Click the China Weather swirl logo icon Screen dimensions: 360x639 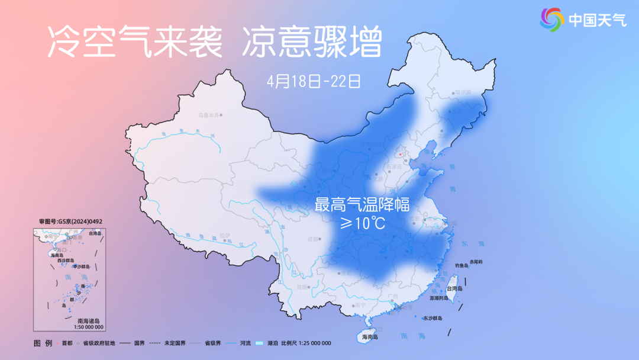click(552, 20)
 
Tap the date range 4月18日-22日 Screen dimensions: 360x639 click(314, 81)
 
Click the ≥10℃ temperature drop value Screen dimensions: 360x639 click(362, 223)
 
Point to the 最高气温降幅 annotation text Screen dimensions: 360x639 click(362, 205)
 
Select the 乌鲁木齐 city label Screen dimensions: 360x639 click(209, 114)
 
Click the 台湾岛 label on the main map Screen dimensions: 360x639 click(454, 288)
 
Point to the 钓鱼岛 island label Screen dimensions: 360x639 click(462, 265)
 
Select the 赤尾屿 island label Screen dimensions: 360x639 click(476, 261)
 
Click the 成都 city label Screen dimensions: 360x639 click(312, 240)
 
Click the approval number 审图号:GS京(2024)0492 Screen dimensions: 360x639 click(71, 221)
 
